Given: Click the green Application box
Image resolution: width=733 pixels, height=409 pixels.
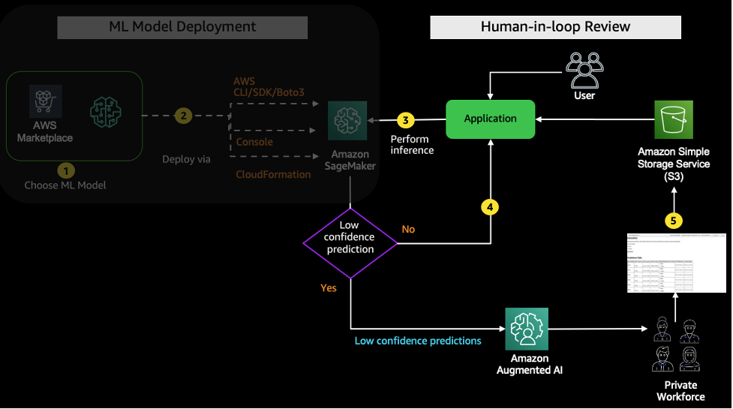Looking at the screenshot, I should click(491, 119).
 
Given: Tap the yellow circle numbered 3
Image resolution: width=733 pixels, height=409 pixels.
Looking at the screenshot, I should click(405, 120).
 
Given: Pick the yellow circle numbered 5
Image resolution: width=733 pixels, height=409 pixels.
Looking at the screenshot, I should click(674, 221).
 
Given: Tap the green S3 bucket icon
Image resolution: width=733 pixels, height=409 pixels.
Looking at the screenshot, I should click(674, 119).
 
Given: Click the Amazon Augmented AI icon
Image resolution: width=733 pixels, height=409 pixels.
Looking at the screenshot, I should click(526, 328).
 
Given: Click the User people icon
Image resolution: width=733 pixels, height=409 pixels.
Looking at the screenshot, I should click(584, 71).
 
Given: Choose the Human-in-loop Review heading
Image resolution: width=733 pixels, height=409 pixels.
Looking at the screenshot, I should click(555, 27).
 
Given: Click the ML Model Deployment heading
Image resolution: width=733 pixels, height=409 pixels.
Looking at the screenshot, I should click(182, 27).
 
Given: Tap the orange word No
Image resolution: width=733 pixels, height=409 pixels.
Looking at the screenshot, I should click(408, 229).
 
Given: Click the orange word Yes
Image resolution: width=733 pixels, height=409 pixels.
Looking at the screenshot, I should click(329, 287).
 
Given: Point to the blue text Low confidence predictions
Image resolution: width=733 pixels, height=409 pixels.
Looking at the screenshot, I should click(418, 341).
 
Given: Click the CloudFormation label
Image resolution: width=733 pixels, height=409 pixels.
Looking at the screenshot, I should click(273, 174).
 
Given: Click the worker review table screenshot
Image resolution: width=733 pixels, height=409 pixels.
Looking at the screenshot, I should click(676, 263).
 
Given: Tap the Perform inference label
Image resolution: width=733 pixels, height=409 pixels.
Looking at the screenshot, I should click(412, 145).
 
